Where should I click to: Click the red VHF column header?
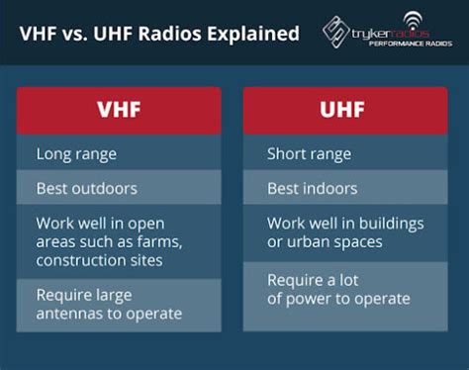[x=119, y=111]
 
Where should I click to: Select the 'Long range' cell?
[x=119, y=154]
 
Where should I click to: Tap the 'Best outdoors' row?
[x=119, y=188]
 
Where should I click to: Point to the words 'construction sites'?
[x=99, y=260]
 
